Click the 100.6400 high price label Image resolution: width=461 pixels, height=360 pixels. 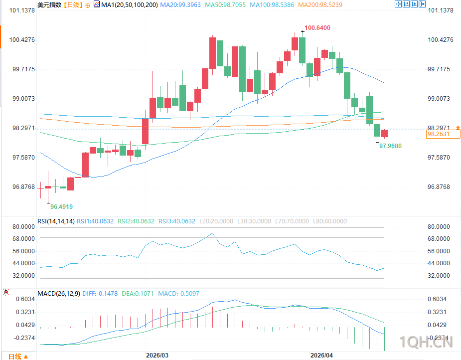point(317,28)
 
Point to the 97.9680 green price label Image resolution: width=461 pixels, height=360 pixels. point(390,146)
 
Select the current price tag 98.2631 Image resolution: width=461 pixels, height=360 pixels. point(438,134)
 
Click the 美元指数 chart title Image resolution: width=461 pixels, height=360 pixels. point(49,5)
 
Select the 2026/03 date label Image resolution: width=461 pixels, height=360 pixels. point(157,355)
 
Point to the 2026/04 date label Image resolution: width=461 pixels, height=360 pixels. point(321,355)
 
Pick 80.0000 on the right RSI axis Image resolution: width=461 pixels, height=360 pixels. point(439,227)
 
